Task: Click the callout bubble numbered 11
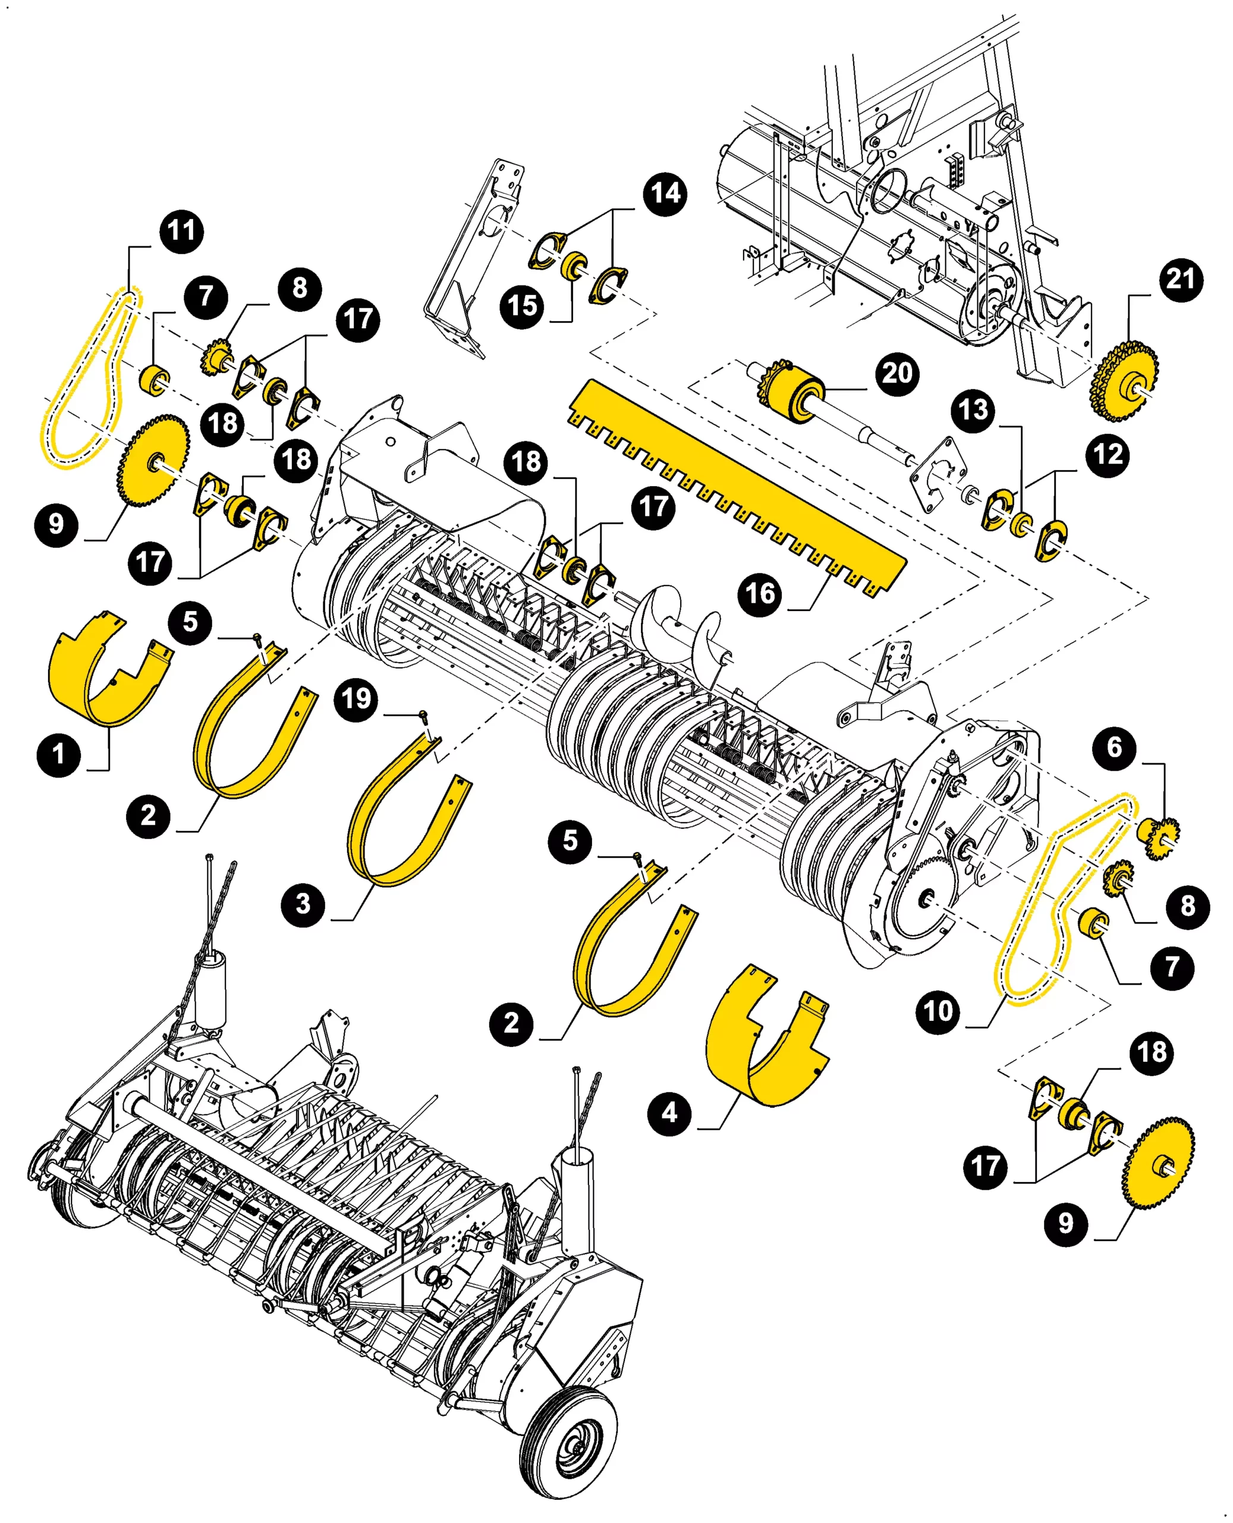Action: (182, 231)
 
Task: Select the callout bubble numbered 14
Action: (665, 193)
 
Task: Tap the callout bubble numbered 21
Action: (1181, 279)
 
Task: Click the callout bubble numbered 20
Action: (897, 374)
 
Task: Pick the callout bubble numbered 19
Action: (356, 699)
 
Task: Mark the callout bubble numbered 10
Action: (938, 1011)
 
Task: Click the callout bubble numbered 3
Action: (303, 905)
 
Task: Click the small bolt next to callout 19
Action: (424, 715)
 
